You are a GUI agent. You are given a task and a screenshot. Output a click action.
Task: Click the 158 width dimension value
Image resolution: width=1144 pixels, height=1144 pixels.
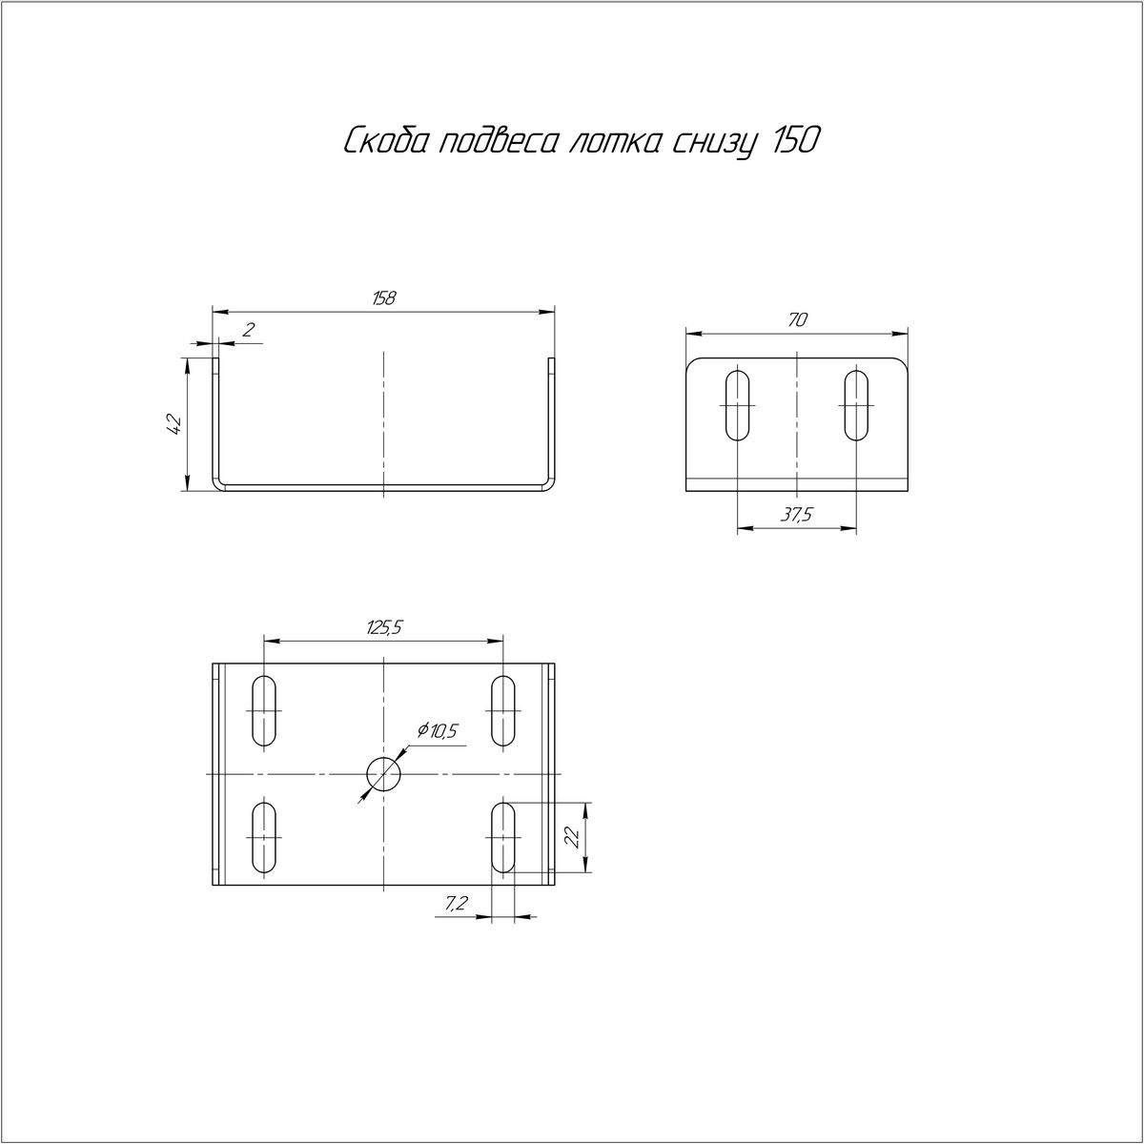[384, 298]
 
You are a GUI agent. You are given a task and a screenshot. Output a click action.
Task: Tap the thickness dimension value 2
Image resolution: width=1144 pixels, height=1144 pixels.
[249, 329]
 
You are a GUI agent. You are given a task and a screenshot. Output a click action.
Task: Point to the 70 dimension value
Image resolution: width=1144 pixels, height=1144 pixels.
[797, 320]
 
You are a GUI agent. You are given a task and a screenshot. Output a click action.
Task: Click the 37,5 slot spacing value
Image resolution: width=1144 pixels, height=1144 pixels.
[796, 515]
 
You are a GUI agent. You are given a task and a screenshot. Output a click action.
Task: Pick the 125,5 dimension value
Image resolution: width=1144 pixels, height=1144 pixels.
[384, 627]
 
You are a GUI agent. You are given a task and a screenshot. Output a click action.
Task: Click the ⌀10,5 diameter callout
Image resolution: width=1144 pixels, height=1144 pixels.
[438, 731]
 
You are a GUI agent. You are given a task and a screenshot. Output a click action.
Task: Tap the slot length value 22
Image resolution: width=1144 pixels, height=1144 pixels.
[572, 838]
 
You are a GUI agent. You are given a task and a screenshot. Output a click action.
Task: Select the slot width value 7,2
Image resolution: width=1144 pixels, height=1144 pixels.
[456, 920]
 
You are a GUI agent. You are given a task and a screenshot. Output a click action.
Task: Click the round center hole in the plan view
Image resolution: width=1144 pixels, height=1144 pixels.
[383, 774]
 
